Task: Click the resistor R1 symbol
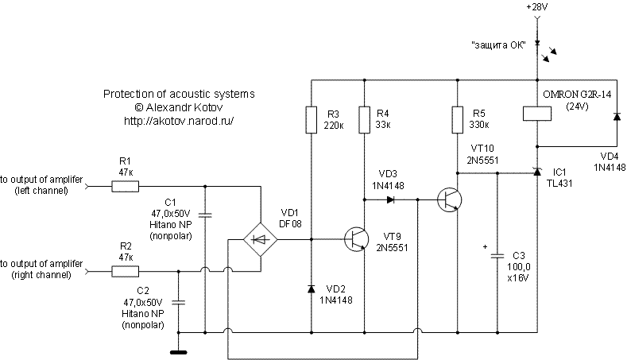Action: coord(125,188)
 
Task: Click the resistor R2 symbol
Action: coord(125,271)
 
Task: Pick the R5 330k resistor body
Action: coord(459,119)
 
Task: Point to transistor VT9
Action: coord(355,238)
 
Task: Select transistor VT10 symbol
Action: coord(451,199)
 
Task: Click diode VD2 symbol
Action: coord(311,289)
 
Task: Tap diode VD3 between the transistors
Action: coord(390,199)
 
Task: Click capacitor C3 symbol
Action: coord(497,256)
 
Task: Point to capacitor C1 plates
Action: coord(205,215)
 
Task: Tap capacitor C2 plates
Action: coord(178,302)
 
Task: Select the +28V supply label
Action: coord(537,7)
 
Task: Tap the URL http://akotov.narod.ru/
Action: coord(179,121)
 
